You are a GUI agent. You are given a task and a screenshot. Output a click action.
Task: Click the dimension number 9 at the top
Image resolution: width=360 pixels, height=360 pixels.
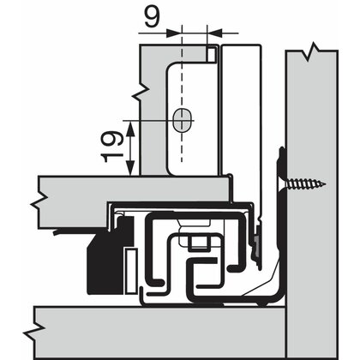pyautogui.click(x=152, y=15)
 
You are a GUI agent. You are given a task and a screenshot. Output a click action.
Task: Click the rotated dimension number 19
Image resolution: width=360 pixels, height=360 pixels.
pyautogui.click(x=112, y=147)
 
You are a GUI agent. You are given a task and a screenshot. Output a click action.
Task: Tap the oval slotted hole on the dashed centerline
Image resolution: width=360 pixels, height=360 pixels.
pyautogui.click(x=182, y=120)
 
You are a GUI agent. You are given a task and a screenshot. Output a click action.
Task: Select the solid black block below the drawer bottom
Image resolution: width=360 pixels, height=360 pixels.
pyautogui.click(x=110, y=257)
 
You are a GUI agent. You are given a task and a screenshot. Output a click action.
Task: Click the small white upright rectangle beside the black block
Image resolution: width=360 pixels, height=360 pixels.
pyautogui.click(x=131, y=271)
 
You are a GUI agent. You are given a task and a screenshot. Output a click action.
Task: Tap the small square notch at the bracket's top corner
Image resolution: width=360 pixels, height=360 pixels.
pyautogui.click(x=212, y=54)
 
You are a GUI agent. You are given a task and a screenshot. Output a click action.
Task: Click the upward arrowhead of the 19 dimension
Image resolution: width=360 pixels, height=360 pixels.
pyautogui.click(x=130, y=128)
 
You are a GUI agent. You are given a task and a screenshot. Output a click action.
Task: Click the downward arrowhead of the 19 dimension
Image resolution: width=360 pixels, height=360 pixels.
pyautogui.click(x=130, y=168)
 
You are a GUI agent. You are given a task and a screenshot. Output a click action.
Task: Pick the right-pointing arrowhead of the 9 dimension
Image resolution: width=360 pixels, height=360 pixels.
pyautogui.click(x=174, y=33)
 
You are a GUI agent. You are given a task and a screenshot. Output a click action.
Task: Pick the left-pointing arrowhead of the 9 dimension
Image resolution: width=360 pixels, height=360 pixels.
pyautogui.click(x=215, y=33)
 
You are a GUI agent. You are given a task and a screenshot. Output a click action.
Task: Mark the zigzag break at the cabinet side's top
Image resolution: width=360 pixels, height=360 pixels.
pyautogui.click(x=311, y=51)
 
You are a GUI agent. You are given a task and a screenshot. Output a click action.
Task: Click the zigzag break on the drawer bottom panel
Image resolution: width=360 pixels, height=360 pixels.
pyautogui.click(x=39, y=202)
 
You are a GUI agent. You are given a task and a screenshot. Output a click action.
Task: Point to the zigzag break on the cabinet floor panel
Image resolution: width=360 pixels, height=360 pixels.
pyautogui.click(x=34, y=331)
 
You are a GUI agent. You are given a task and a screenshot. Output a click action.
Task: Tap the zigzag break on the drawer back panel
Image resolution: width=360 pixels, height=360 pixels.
pyautogui.click(x=141, y=92)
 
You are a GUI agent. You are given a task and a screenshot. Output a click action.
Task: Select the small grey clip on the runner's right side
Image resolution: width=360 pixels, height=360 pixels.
pyautogui.click(x=258, y=243)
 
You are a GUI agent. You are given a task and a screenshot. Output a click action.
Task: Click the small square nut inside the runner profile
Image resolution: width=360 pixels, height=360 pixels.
pyautogui.click(x=199, y=243)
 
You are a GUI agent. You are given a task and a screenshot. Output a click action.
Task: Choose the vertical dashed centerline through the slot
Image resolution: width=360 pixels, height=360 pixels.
pyautogui.click(x=181, y=94)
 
